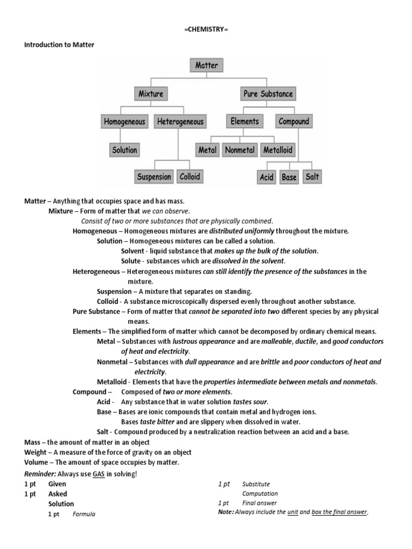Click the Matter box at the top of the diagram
coord(207,65)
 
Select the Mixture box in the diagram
coord(151,94)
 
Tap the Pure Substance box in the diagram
coord(268,94)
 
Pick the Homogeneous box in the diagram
coord(124,122)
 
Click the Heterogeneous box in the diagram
coord(180,122)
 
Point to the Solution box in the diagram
coord(124,150)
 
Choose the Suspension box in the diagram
coord(154,177)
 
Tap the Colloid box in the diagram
coord(190,176)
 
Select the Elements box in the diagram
coord(245,121)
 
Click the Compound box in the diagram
coord(293,121)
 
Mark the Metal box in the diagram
coord(207,150)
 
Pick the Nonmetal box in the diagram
coord(240,150)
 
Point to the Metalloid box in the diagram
coord(278,150)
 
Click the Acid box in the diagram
coord(267,177)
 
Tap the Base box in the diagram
coord(289,177)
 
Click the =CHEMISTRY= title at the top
coord(206,28)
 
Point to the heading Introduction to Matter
coord(59,45)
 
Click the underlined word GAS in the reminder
coord(99,474)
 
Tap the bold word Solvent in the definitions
coord(133,251)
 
